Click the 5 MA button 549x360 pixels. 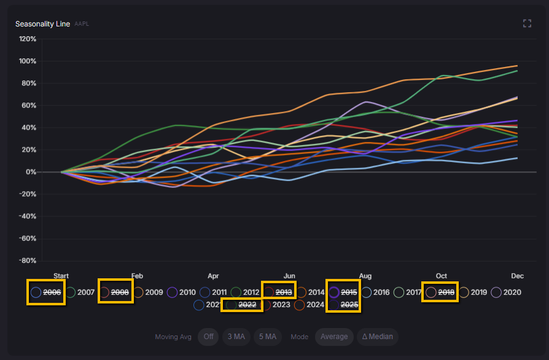point(268,337)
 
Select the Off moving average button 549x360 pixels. point(208,337)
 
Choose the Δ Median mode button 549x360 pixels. point(378,337)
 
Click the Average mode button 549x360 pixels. point(334,337)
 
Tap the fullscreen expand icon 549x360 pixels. point(527,23)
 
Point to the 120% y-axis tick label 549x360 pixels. point(28,39)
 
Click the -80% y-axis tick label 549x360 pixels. point(28,260)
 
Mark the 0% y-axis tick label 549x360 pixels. point(31,172)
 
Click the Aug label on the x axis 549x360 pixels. point(365,276)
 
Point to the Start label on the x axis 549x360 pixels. point(61,276)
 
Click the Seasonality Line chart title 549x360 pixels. point(43,24)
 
